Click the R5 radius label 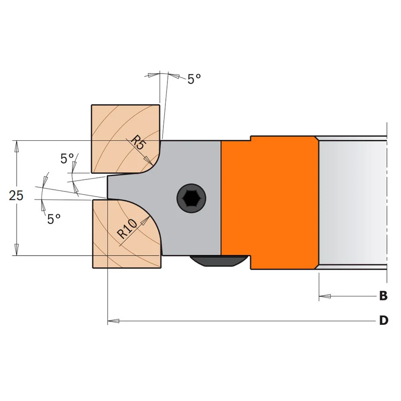[137, 142]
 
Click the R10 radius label [127, 229]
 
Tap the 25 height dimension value [16, 195]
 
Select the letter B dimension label [383, 296]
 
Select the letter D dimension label [383, 320]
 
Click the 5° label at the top [194, 79]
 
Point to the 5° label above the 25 [67, 158]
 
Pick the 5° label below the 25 [54, 219]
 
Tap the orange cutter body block [270, 202]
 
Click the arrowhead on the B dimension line [325, 296]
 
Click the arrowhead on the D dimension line [113, 321]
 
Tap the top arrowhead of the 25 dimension [17, 146]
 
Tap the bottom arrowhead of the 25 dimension [17, 249]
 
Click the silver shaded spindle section [353, 203]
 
